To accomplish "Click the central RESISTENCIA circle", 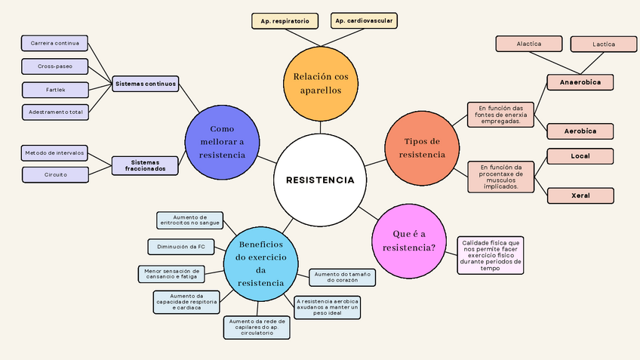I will pyautogui.click(x=319, y=180).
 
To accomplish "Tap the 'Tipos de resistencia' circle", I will pyautogui.click(x=422, y=147).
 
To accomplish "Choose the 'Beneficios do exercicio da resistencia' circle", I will pyautogui.click(x=260, y=264).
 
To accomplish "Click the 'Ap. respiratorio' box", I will pyautogui.click(x=285, y=22).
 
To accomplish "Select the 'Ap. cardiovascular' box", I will pyautogui.click(x=364, y=20).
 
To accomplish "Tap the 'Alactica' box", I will pyautogui.click(x=529, y=45).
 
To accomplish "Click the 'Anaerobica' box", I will pyautogui.click(x=580, y=82).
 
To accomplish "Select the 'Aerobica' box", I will pyautogui.click(x=580, y=131).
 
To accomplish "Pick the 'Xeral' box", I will pyautogui.click(x=580, y=195).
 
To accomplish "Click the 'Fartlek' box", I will pyautogui.click(x=56, y=90).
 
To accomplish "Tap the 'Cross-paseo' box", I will pyautogui.click(x=56, y=66).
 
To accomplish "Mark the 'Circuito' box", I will pyautogui.click(x=56, y=174).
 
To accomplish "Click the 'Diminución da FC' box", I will pyautogui.click(x=181, y=247).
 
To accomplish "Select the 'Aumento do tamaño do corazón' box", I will pyautogui.click(x=342, y=277).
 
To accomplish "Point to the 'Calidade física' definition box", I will pyautogui.click(x=491, y=255).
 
